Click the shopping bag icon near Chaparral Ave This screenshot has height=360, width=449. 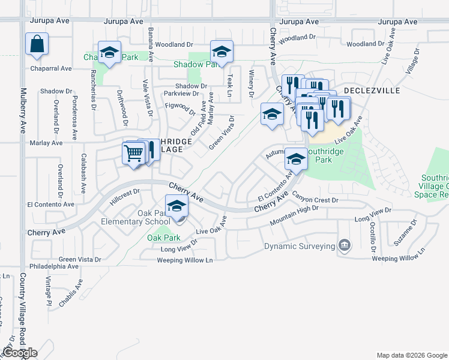pos(37,44)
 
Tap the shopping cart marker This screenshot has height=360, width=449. pos(133,153)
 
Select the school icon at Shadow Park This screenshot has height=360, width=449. pos(221,52)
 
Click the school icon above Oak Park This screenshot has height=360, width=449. pos(176,207)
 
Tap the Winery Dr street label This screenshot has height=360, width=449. pos(251,83)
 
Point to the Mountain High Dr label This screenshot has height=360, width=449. pos(294,215)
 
